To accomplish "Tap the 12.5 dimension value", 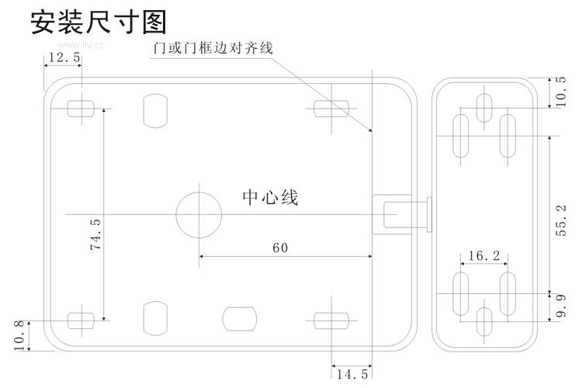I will [63, 57].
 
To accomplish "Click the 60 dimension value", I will [280, 248].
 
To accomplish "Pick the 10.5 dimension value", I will [561, 91].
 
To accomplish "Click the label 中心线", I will [270, 198].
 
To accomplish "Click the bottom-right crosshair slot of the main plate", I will [331, 318].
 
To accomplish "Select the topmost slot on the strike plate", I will [484, 108].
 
